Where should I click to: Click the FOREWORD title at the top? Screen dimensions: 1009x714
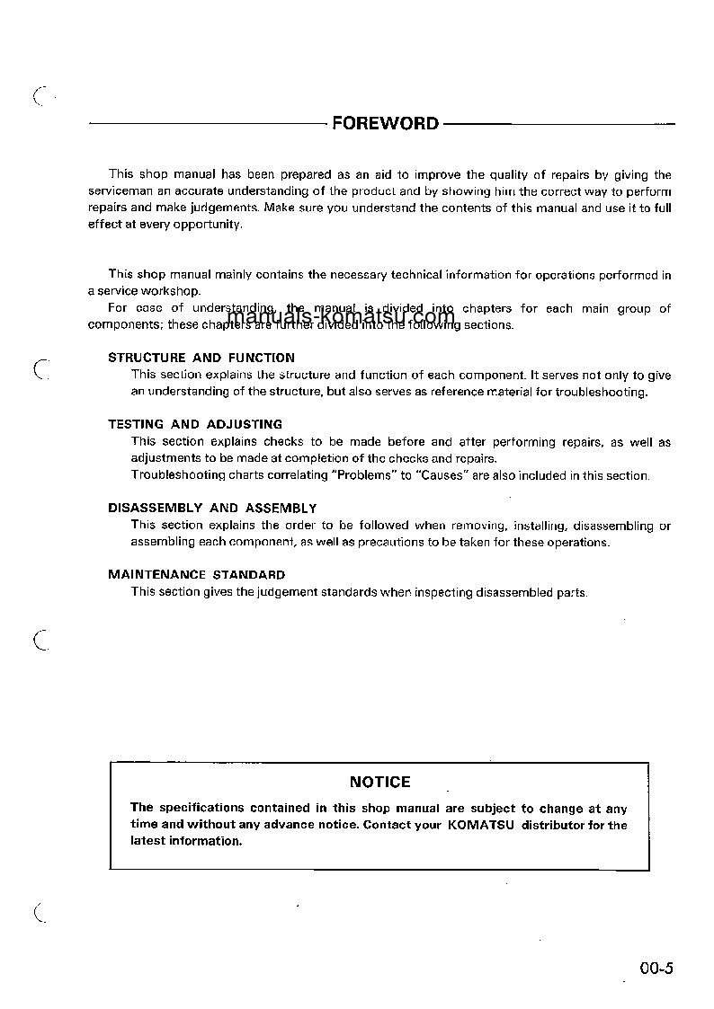pos(385,123)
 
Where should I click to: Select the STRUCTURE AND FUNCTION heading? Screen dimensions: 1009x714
pos(201,358)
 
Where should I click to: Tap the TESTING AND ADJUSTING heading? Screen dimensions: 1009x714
pos(195,424)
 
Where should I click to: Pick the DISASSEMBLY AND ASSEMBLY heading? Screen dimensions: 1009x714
pos(212,509)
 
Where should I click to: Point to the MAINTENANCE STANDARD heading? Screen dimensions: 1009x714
pos(197,575)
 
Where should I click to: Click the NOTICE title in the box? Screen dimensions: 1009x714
pos(379,783)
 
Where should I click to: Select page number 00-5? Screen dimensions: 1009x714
pos(656,969)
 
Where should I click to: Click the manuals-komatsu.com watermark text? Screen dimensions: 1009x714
pos(342,316)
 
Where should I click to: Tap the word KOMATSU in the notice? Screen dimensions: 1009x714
pos(481,826)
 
